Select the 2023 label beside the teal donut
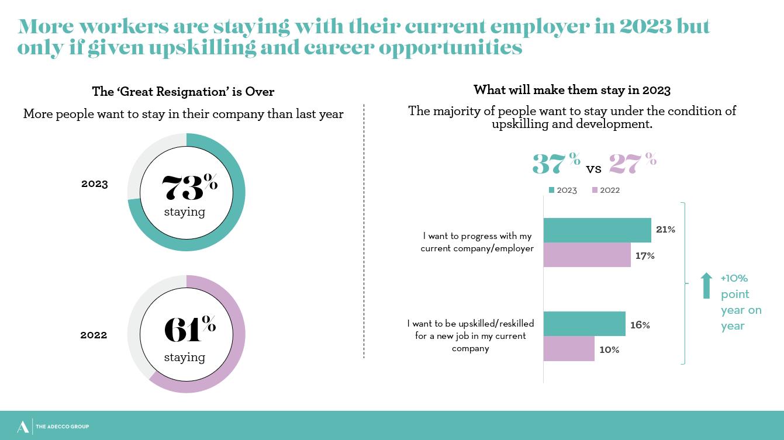(95, 184)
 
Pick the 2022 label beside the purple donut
(94, 335)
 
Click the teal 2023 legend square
(551, 190)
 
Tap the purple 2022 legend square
(595, 190)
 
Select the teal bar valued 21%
(597, 230)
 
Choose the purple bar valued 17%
(587, 255)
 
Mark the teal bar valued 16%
(584, 324)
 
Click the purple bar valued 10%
(569, 349)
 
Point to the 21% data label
(665, 230)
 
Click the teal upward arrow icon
(706, 285)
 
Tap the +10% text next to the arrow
(734, 278)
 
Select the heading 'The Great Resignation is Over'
(183, 92)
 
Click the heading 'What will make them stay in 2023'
(572, 90)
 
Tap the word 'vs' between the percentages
(593, 169)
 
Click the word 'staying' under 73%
(184, 212)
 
